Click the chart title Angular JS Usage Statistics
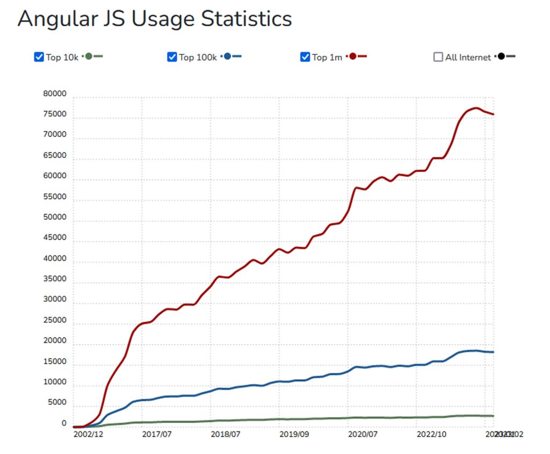[x=155, y=19]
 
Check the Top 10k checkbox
[x=39, y=57]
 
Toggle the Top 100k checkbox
[x=172, y=57]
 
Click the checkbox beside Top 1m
[x=305, y=57]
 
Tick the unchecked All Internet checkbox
[x=438, y=57]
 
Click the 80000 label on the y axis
[x=55, y=94]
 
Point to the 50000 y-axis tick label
[x=55, y=218]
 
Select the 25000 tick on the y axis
[x=55, y=320]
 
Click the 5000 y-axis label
[x=56, y=402]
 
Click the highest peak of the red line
[x=476, y=108]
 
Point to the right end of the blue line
[x=493, y=352]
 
